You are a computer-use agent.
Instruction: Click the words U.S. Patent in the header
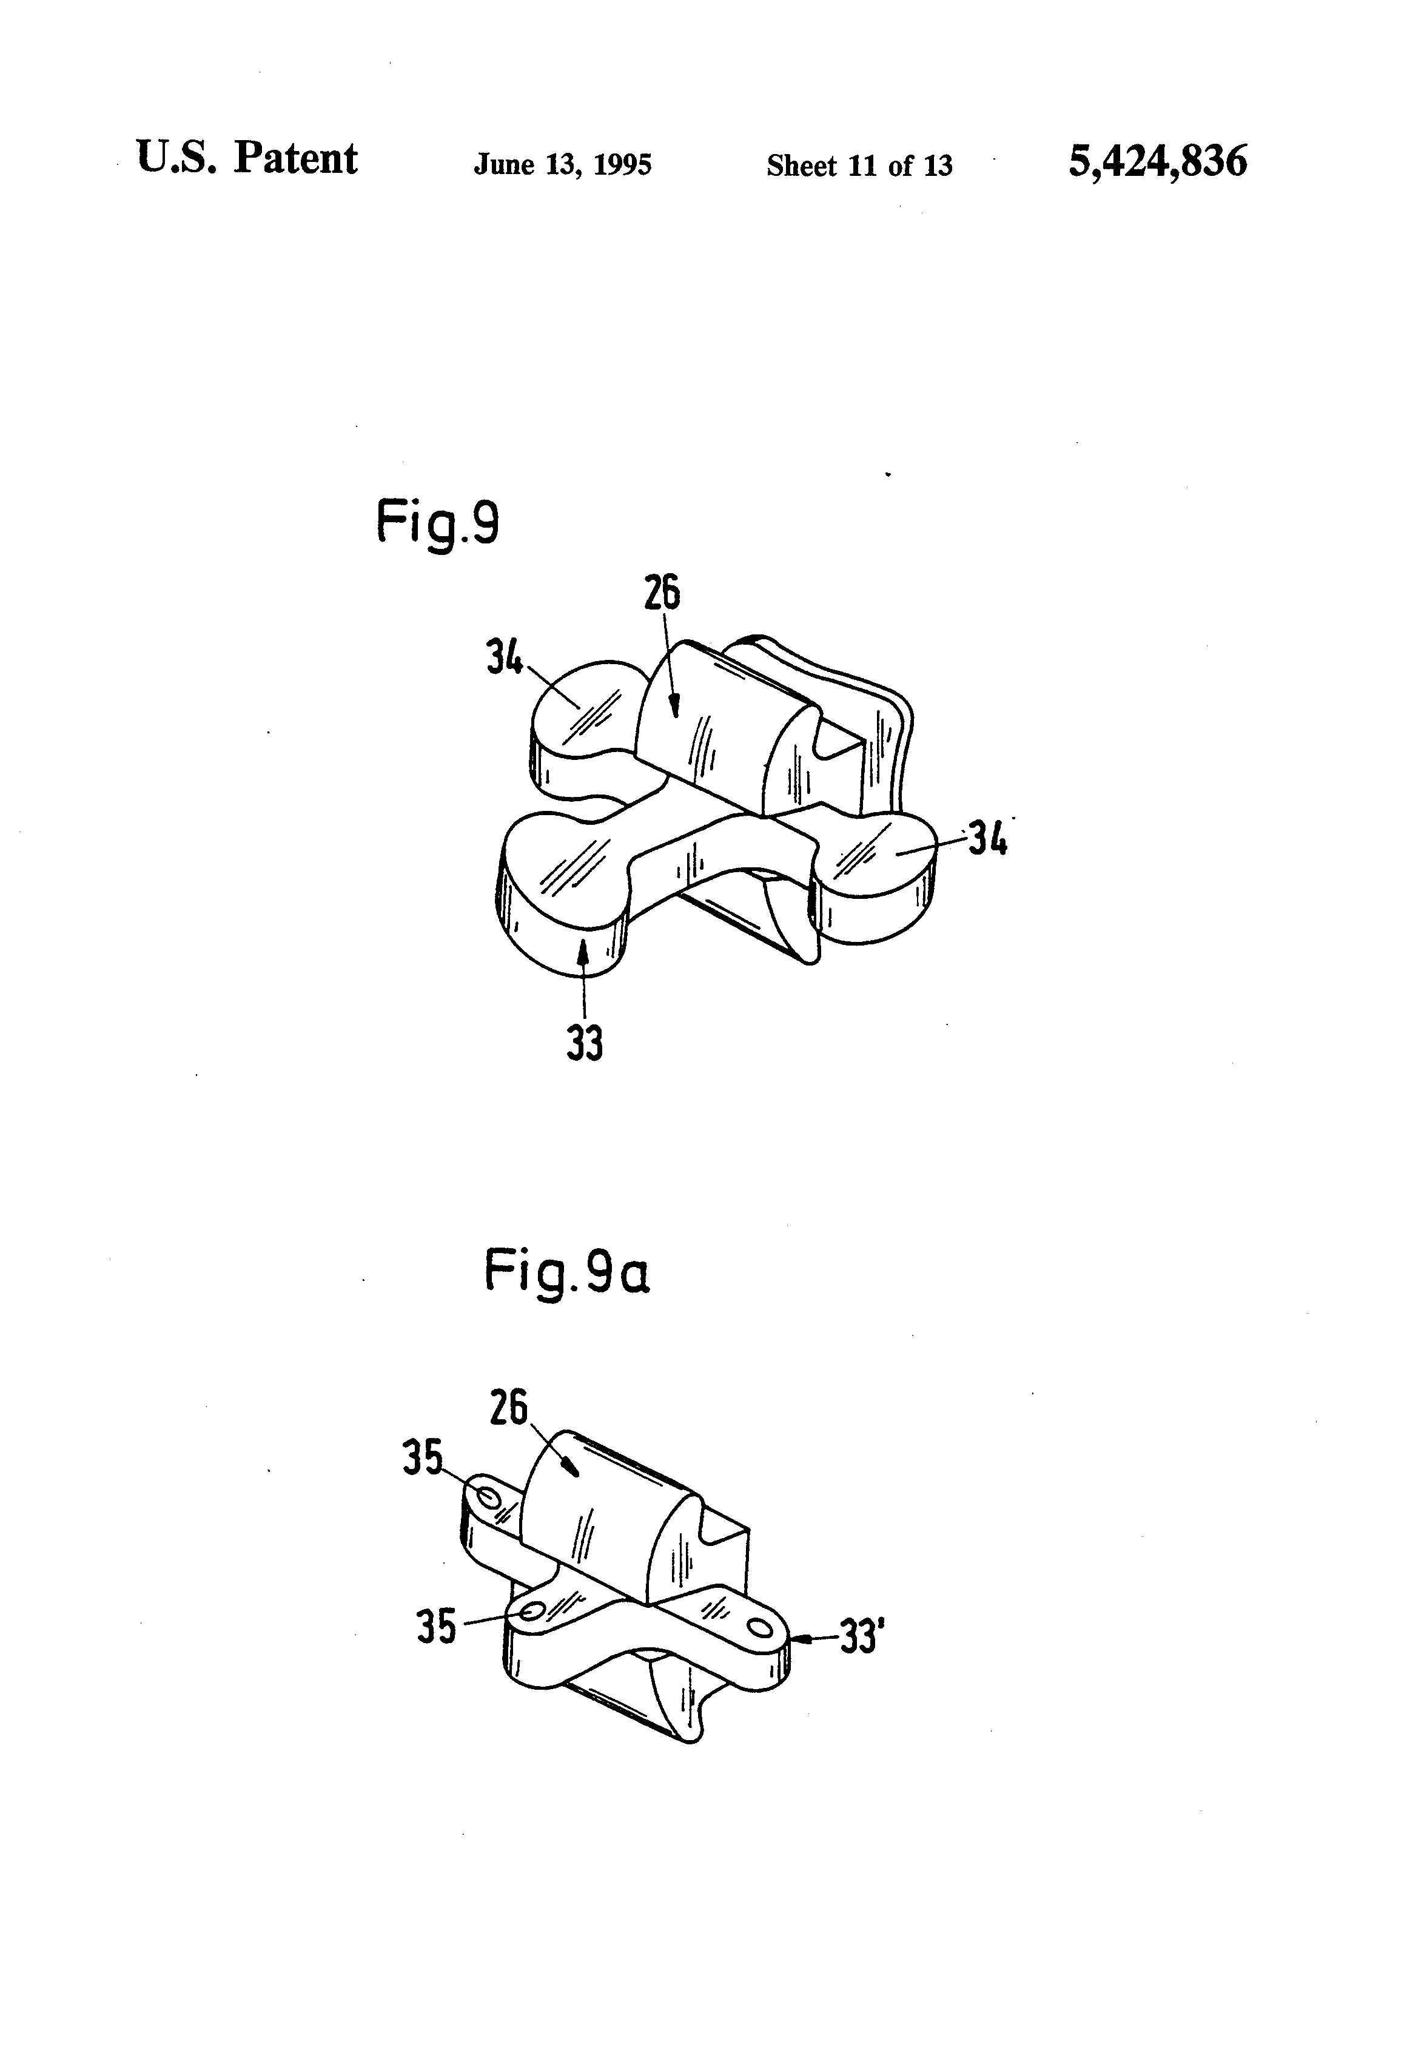tap(246, 159)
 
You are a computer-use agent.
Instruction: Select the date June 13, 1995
tap(562, 164)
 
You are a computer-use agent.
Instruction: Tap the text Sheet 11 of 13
tap(859, 166)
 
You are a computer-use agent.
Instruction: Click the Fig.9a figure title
tap(566, 1272)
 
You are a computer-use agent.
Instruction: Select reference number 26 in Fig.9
tap(662, 593)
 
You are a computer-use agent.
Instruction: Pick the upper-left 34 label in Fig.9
tap(505, 658)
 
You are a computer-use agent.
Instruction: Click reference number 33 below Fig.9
tap(584, 1043)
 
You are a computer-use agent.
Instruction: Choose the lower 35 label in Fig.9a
tap(436, 1626)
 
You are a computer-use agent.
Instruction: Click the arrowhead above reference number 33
tap(583, 952)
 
